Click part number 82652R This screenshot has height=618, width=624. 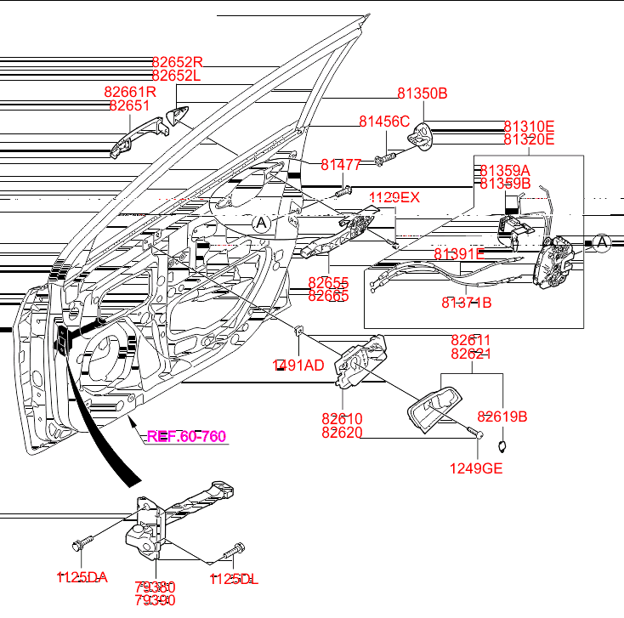pos(178,62)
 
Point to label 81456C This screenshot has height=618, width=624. pos(384,122)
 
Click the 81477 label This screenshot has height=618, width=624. pos(341,164)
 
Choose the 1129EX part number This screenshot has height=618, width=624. pos(394,197)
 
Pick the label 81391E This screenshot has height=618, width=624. pos(459,253)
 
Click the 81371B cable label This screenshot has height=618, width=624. pos(466,302)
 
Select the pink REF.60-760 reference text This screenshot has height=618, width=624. pos(186,437)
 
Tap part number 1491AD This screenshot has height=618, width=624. pos(298,366)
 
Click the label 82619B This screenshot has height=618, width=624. pos(502,417)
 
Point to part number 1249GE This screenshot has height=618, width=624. pos(476,467)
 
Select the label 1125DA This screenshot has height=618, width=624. pos(82,578)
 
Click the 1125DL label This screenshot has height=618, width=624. pos(234,579)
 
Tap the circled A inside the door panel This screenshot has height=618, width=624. pos(261,224)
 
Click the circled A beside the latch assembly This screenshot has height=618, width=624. pos(602,244)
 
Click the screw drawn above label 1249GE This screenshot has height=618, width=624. pos(474,434)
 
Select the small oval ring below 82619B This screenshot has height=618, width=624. pos(502,444)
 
